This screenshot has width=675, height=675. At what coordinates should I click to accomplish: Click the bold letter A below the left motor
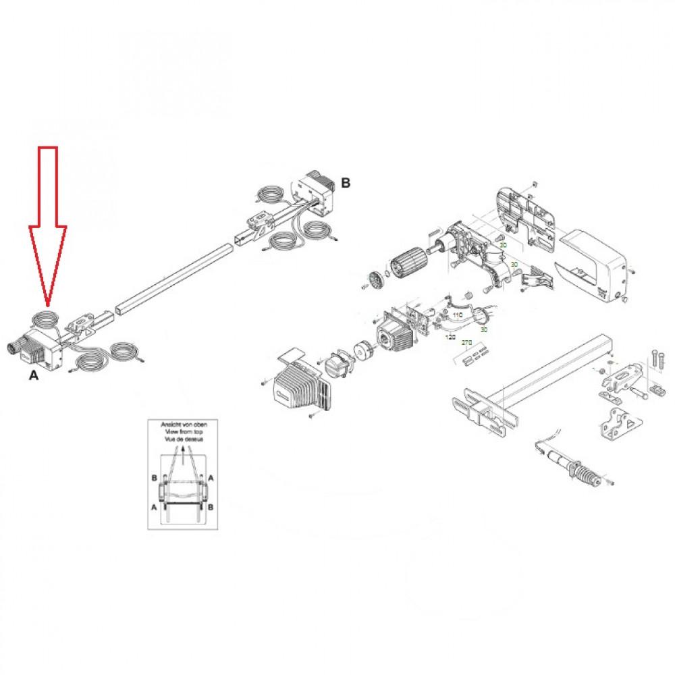(34, 378)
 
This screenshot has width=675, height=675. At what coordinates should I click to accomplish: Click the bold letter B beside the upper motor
(346, 182)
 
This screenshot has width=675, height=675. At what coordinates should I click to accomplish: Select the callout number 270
(466, 343)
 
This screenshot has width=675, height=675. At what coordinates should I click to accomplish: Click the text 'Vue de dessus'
(179, 438)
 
